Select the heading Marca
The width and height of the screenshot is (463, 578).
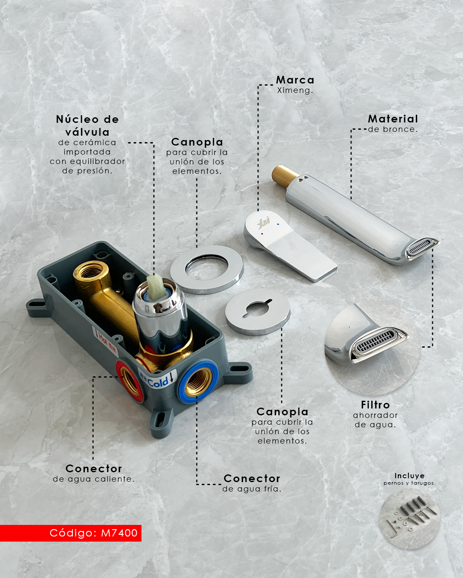tap(295, 80)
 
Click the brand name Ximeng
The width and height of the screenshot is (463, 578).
tap(295, 90)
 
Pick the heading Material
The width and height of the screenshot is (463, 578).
tap(393, 119)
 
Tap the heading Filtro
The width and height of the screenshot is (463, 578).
tap(375, 405)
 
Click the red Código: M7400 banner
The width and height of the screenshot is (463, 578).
tap(70, 533)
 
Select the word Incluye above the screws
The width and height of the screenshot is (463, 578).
tap(409, 476)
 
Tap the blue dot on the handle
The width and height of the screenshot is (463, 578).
tap(278, 224)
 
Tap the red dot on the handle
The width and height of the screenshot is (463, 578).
tap(262, 234)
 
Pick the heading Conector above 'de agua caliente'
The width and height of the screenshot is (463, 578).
tap(94, 468)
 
